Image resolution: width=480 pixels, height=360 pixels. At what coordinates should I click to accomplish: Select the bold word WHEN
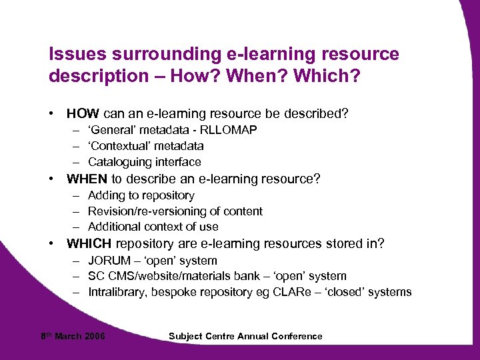(87, 179)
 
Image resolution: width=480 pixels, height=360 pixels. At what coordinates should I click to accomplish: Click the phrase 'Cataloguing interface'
(144, 162)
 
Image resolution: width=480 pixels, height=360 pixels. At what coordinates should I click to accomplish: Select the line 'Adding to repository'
(141, 195)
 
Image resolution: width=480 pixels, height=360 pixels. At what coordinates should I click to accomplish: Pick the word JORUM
(108, 261)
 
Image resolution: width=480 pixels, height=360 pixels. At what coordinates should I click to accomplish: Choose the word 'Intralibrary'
(119, 292)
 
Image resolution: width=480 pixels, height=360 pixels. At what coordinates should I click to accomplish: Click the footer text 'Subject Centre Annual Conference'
(245, 336)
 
